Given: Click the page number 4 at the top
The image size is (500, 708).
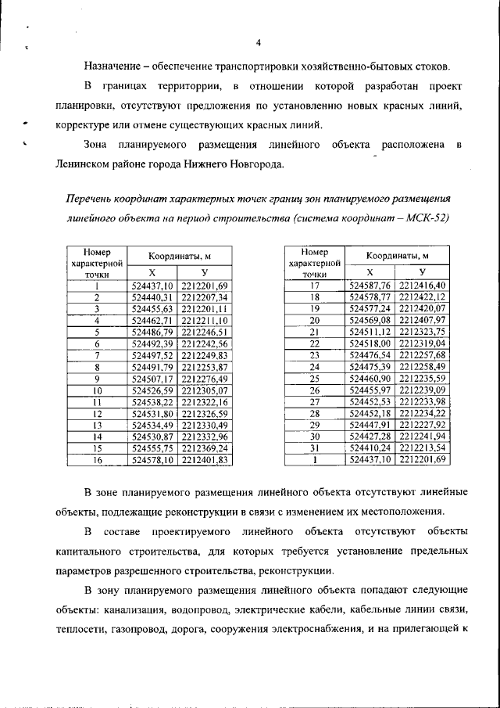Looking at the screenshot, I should (258, 42).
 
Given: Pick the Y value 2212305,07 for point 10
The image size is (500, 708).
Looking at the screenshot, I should (204, 390).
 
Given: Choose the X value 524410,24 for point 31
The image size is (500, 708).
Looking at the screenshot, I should (370, 448).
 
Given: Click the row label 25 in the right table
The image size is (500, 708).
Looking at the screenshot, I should (316, 378).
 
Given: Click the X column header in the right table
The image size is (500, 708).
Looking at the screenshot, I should (370, 271).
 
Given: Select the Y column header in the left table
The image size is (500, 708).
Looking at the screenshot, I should (204, 271).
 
